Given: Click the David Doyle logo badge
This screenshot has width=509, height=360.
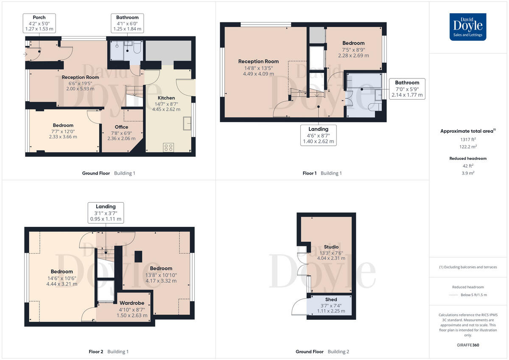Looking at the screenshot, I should pos(468,27).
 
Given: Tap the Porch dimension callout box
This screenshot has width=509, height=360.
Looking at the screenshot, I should pos(39,23).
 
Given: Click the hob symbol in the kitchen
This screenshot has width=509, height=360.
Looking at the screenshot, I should pos(168,148).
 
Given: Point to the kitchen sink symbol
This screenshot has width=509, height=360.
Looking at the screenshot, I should pos(187,123).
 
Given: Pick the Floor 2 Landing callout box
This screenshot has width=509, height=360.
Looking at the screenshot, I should pos(106,213).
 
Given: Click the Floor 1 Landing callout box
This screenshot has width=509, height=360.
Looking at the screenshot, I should pos(318,135).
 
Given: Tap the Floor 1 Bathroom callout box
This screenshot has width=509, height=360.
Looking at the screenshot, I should pos(407,89).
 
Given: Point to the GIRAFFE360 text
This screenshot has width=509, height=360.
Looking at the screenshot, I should pos(468,345).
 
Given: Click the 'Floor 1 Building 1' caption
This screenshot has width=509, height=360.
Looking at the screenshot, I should pos(322,173).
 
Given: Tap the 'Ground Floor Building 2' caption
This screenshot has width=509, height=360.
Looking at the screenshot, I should pos(322,352).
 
